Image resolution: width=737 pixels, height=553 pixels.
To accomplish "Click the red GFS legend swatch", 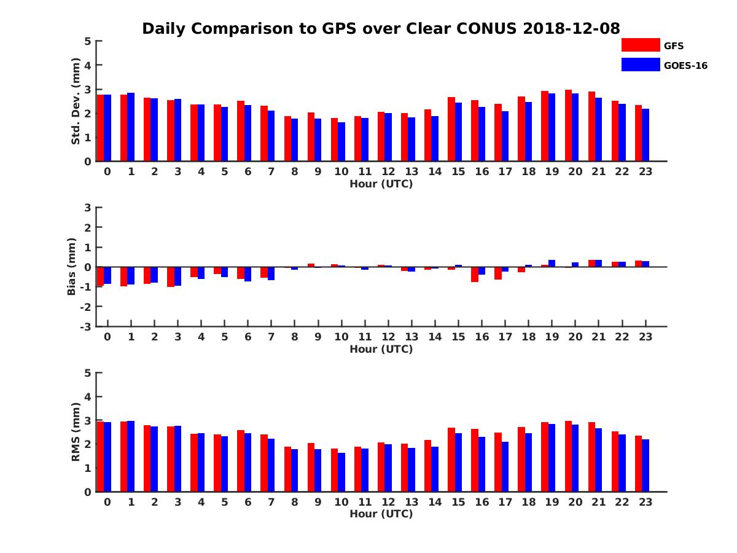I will pyautogui.click(x=641, y=45).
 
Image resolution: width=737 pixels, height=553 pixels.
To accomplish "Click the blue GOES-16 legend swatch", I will pyautogui.click(x=641, y=65).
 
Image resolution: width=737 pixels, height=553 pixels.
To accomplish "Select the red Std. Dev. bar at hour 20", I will pyautogui.click(x=568, y=126).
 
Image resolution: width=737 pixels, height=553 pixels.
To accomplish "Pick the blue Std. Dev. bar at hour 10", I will pyautogui.click(x=341, y=142).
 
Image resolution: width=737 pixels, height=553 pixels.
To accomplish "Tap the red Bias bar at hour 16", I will pyautogui.click(x=475, y=274).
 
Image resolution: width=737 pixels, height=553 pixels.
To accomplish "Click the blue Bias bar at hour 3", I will pyautogui.click(x=177, y=276).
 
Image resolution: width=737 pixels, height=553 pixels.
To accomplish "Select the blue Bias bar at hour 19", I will pyautogui.click(x=552, y=264).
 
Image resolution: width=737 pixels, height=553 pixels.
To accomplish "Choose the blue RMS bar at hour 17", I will pyautogui.click(x=505, y=466).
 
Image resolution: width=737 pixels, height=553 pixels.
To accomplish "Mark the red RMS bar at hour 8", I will pyautogui.click(x=287, y=469).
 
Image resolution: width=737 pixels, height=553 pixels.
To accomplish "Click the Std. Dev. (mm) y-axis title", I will pyautogui.click(x=76, y=101).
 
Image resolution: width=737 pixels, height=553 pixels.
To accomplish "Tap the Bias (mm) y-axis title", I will pyautogui.click(x=72, y=266).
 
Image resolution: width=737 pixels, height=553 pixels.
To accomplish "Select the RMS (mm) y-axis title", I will pyautogui.click(x=76, y=432).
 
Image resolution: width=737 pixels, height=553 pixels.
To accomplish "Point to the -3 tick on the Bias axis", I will pyautogui.click(x=87, y=326).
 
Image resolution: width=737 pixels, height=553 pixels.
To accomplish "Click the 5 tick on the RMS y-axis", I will pyautogui.click(x=88, y=373).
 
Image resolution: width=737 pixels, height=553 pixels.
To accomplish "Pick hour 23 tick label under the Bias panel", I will pyautogui.click(x=645, y=337).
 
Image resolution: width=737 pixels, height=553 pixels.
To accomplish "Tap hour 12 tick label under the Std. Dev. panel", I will pyautogui.click(x=388, y=171).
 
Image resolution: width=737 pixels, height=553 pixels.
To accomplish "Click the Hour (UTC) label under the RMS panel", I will pyautogui.click(x=381, y=514).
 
